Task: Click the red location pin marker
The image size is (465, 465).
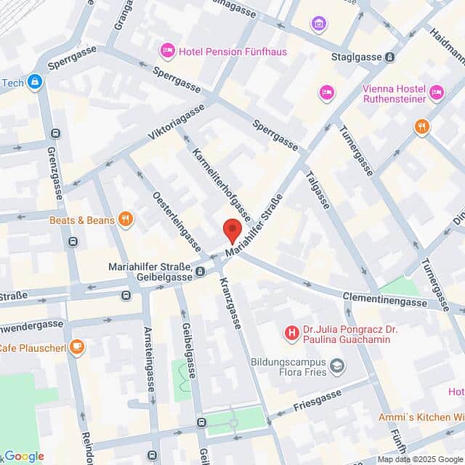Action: [232, 230]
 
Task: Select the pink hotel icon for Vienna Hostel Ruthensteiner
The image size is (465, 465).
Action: [436, 92]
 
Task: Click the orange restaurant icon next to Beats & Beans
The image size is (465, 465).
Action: [126, 219]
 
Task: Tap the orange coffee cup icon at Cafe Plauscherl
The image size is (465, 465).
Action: [77, 347]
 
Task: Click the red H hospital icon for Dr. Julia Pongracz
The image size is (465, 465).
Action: [291, 333]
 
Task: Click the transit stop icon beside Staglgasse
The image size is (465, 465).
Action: [390, 57]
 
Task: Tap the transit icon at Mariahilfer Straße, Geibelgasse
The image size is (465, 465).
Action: [200, 272]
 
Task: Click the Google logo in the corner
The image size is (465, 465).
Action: [23, 456]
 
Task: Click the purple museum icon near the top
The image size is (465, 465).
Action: [318, 24]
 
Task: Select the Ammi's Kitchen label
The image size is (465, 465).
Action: [421, 418]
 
